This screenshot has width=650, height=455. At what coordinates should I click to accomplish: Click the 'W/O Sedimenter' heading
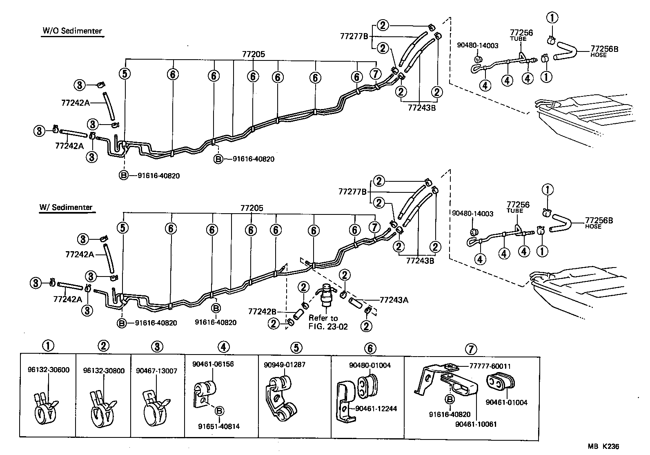point(72,31)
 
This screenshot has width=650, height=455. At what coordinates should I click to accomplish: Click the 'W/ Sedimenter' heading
point(66,207)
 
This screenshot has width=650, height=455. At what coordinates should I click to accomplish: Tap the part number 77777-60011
point(485,366)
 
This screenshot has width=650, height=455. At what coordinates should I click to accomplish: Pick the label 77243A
point(394,300)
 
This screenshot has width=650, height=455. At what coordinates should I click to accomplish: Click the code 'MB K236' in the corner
point(606,447)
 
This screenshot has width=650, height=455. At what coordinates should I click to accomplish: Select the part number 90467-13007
point(156,370)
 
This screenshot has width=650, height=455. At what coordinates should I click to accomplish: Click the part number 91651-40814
point(219,426)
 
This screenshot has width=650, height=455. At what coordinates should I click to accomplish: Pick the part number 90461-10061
point(476,424)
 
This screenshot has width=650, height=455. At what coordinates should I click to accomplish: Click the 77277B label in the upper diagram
point(354,36)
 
